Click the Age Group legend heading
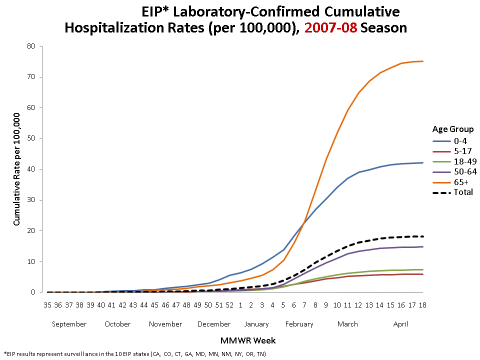click(x=452, y=128)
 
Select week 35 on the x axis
click(x=47, y=304)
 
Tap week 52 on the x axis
click(x=229, y=304)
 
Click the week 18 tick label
click(x=422, y=304)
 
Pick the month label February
click(x=299, y=324)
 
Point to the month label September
click(x=69, y=324)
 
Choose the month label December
click(x=214, y=324)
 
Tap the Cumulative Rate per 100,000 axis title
click(x=16, y=169)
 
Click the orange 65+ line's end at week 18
click(x=422, y=61)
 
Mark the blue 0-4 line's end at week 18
click(x=422, y=162)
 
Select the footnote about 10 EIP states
click(x=135, y=354)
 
